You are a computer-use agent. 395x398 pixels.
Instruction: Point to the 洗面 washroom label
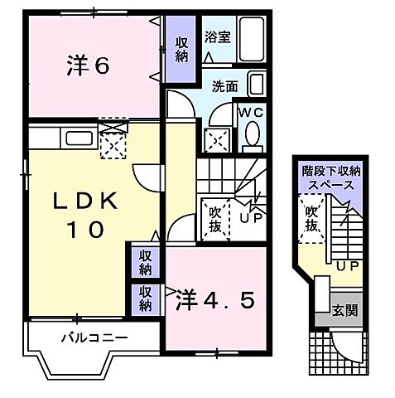224,85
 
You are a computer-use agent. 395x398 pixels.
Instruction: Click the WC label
251,111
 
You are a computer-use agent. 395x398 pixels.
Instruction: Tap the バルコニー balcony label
93,338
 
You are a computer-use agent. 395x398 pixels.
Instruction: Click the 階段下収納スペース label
330,177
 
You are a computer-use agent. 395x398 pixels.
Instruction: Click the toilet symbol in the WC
252,133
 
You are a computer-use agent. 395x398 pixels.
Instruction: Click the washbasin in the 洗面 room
256,85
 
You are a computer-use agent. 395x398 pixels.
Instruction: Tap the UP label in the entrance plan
347,265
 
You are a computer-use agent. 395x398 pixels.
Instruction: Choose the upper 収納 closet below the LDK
144,262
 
